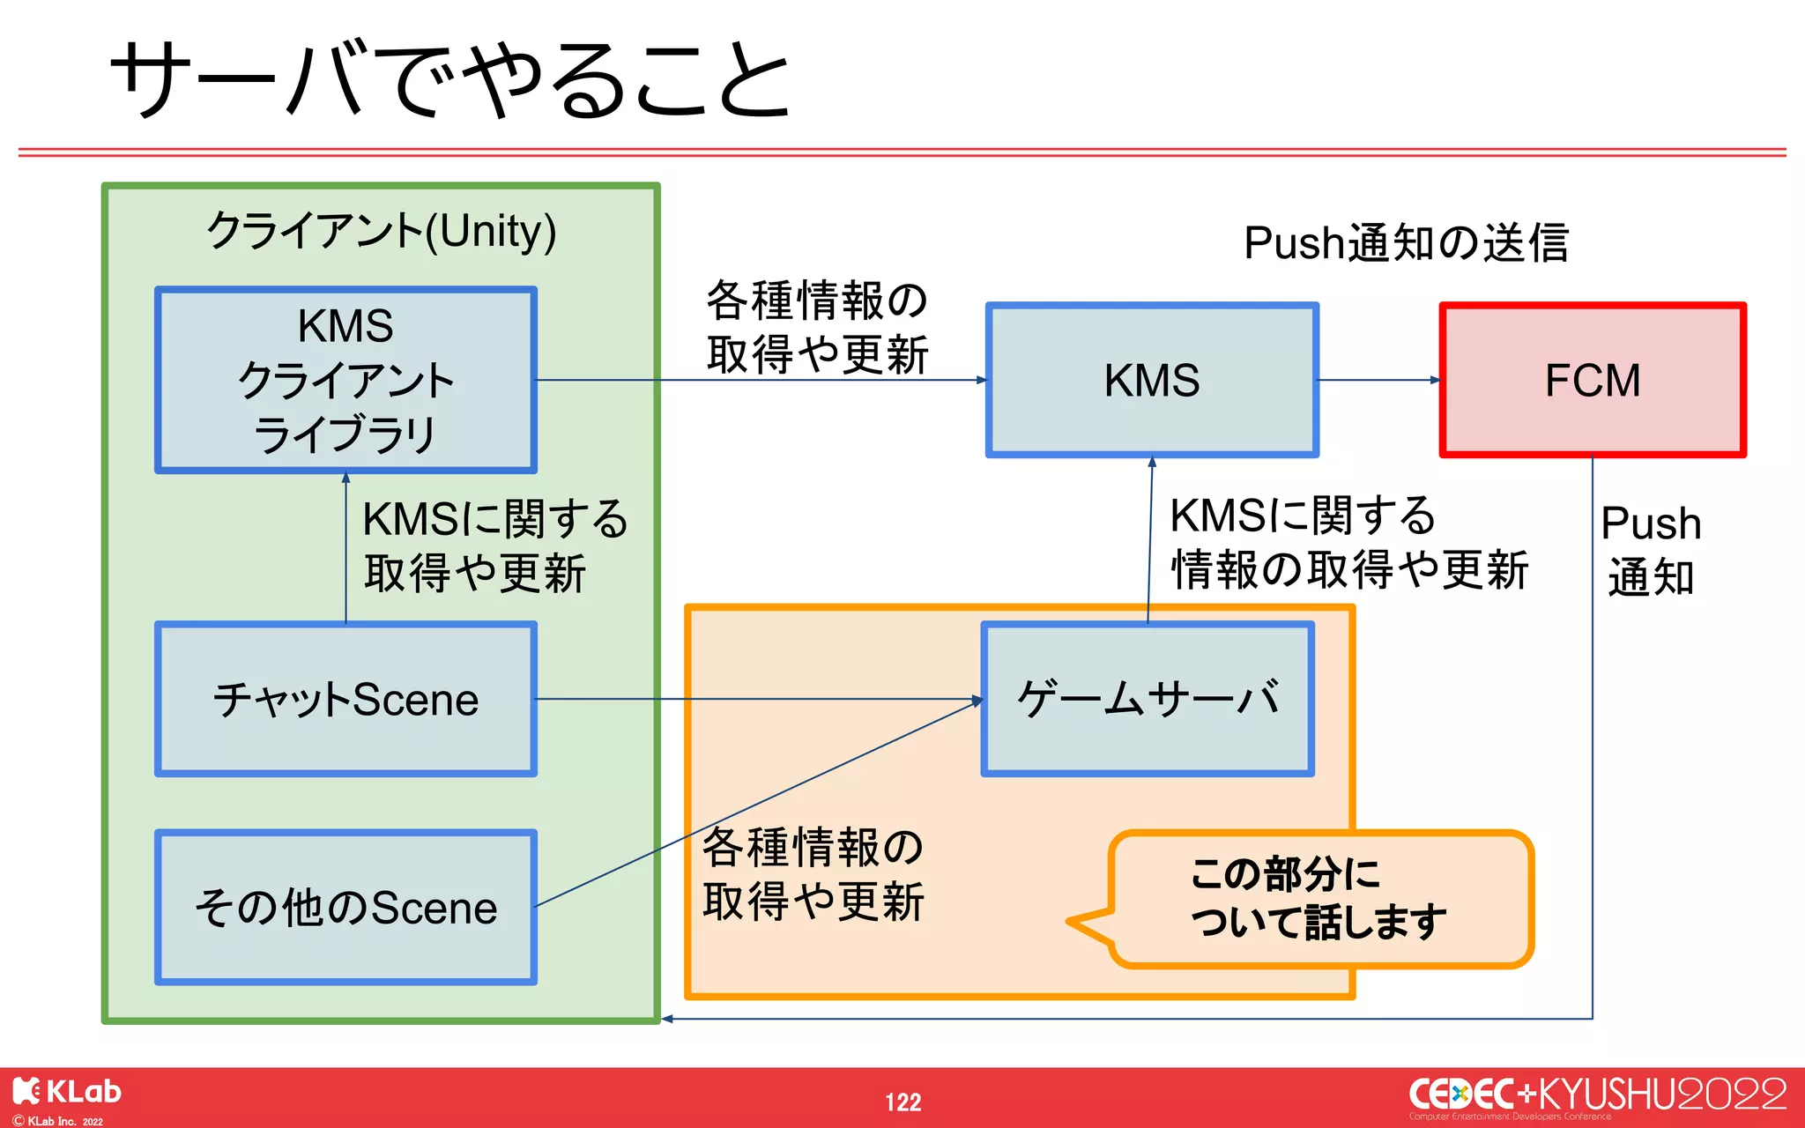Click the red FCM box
tap(1593, 380)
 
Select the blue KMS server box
tap(1152, 380)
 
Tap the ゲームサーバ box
tap(1148, 699)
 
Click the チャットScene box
tap(345, 699)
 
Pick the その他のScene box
tap(345, 907)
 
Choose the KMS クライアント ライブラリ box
tap(345, 380)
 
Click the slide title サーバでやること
tap(449, 79)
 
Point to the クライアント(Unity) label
tap(381, 231)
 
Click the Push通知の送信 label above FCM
tap(1407, 242)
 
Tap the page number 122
tap(903, 1102)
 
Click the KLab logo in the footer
tap(67, 1092)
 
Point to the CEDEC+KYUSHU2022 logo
tap(1598, 1095)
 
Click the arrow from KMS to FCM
tap(1379, 380)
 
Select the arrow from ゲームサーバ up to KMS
tap(1150, 539)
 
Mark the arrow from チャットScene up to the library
tap(345, 548)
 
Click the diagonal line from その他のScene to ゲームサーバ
tap(758, 803)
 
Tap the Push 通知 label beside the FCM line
tap(1651, 551)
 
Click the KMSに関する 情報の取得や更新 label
tap(1348, 542)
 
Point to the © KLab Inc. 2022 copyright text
tap(58, 1121)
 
